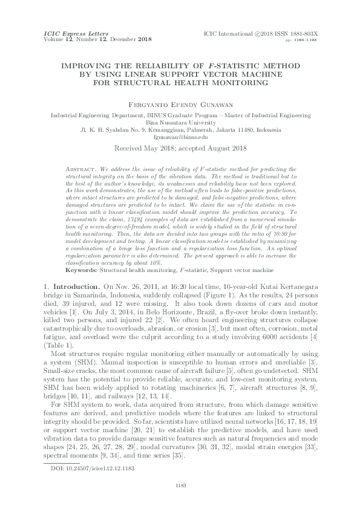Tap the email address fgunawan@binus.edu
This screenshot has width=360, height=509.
(x=179, y=137)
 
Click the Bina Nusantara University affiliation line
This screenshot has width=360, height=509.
(x=179, y=121)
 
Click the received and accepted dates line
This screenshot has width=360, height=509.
(x=179, y=148)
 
